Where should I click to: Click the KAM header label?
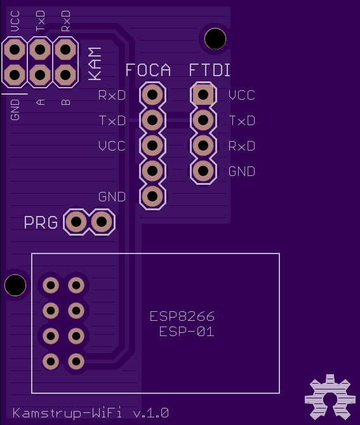pyautogui.click(x=95, y=64)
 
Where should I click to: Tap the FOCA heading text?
pyautogui.click(x=148, y=71)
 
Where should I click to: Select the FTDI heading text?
pyautogui.click(x=210, y=71)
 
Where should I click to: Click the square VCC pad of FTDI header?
pyautogui.click(x=203, y=95)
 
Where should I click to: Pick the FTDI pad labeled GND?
pyautogui.click(x=203, y=171)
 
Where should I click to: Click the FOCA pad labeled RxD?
pyautogui.click(x=152, y=95)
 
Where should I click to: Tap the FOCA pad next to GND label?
pyautogui.click(x=152, y=196)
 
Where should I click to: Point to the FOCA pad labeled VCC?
pyautogui.click(x=152, y=145)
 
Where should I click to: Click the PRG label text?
pyautogui.click(x=41, y=222)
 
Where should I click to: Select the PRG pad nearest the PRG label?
pyautogui.click(x=76, y=222)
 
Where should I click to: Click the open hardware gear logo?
pyautogui.click(x=330, y=397)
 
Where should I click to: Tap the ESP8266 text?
pyautogui.click(x=182, y=316)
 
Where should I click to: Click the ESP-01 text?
pyautogui.click(x=187, y=332)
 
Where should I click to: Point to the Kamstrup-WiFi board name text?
pyautogui.click(x=67, y=413)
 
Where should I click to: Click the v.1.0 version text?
pyautogui.click(x=151, y=413)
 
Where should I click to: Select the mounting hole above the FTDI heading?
pyautogui.click(x=215, y=39)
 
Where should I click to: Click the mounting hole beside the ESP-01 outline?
pyautogui.click(x=15, y=285)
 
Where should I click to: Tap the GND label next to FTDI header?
pyautogui.click(x=242, y=172)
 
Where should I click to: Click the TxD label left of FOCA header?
pyautogui.click(x=112, y=121)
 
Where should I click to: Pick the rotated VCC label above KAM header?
pyautogui.click(x=15, y=21)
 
